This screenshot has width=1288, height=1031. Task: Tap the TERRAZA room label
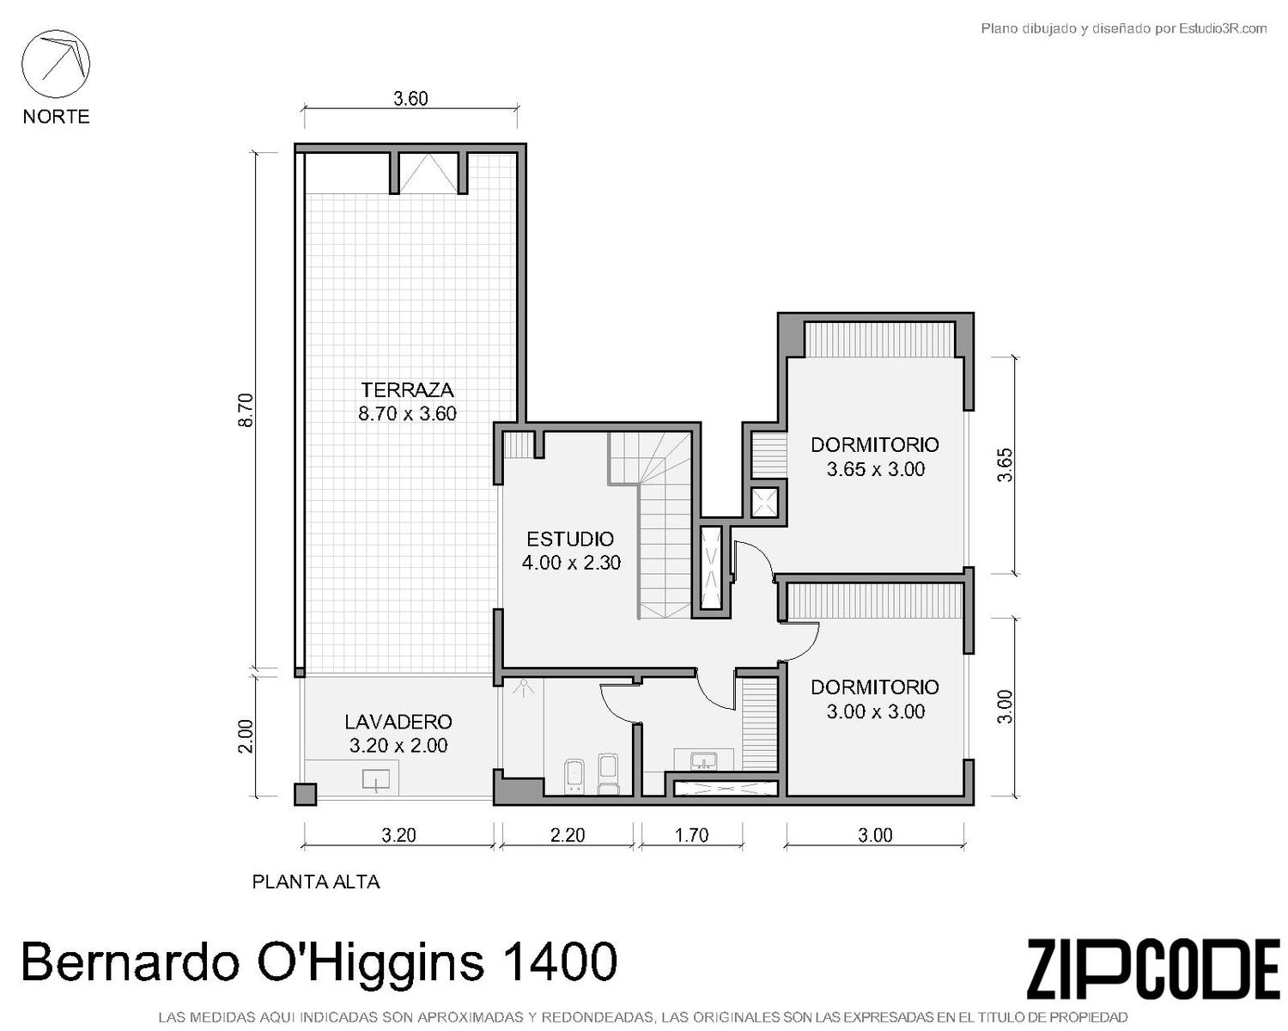tap(407, 390)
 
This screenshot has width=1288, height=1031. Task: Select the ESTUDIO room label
tap(570, 540)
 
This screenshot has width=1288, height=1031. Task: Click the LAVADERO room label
tap(398, 722)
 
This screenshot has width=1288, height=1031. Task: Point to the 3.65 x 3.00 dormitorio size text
tap(875, 469)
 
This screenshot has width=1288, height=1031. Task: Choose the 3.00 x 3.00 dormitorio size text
tap(875, 711)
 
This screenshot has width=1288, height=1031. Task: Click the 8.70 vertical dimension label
tap(246, 410)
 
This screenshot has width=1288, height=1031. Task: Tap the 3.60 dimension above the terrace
tap(410, 98)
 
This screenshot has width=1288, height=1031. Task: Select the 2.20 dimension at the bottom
tap(567, 834)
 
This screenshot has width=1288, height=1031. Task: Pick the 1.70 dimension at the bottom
tap(691, 834)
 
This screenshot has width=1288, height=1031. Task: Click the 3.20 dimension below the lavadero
tap(398, 834)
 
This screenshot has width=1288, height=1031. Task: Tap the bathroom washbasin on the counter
tap(703, 761)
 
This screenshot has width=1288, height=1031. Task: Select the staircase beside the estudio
tap(651, 525)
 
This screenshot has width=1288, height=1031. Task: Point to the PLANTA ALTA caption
tap(316, 882)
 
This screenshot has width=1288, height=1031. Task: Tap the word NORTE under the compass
tap(57, 116)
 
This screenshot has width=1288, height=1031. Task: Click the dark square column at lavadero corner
tap(305, 795)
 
